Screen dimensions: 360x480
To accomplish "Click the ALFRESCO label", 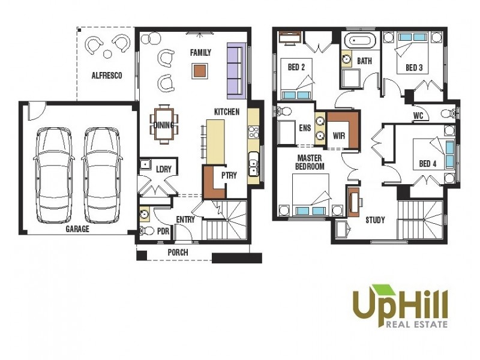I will pos(107,76).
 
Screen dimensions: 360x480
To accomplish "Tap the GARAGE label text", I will pos(77,229).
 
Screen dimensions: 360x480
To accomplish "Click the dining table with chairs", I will pos(164,124).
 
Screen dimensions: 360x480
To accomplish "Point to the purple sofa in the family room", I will pos(236,71).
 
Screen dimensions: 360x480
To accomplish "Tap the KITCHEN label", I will pos(227,112).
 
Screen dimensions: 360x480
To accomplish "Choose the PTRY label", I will pos(229,175).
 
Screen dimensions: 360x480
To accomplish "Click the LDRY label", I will pos(164,169).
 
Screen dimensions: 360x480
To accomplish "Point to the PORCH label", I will pos(178,253).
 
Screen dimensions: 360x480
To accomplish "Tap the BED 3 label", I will pos(414,67).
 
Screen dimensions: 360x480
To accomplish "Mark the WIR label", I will pos(339,136).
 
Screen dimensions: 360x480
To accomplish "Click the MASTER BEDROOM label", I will pos(310,162).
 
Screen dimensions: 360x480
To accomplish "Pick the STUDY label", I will pos(375,220).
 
